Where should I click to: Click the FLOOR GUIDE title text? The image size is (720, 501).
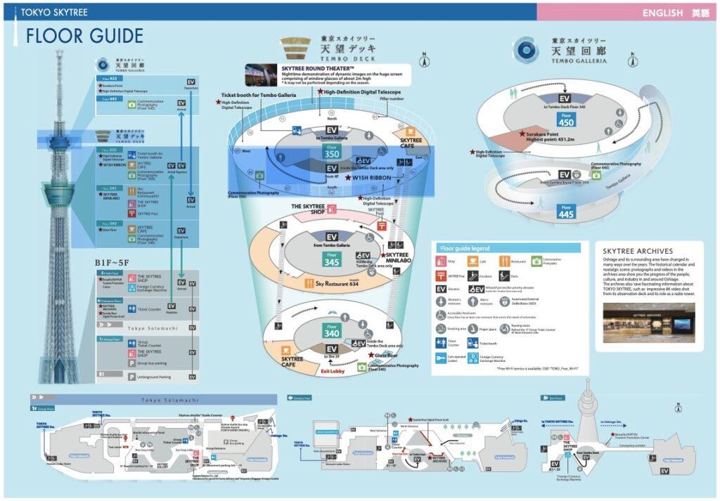coord(84,36)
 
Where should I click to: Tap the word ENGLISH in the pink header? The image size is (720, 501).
coord(662,13)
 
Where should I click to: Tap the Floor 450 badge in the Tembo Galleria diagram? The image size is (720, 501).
coord(566,119)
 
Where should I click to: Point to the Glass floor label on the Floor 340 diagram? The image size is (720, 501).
coord(386,356)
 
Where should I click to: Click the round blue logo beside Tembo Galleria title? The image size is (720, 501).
coord(526,49)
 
